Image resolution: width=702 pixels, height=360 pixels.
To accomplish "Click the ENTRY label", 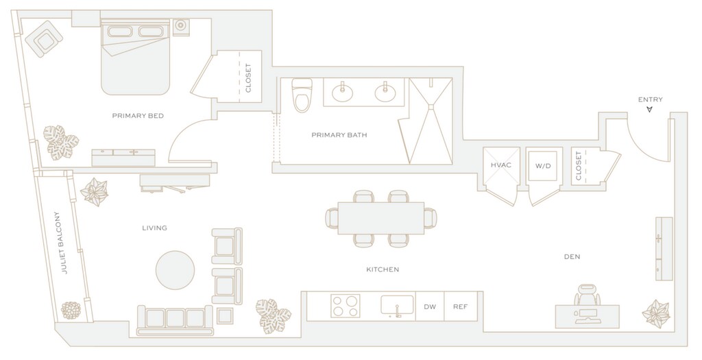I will (x=650, y=100).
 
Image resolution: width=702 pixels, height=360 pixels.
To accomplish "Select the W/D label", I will (x=542, y=165).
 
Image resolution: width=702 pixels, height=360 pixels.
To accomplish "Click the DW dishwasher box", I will (x=430, y=307).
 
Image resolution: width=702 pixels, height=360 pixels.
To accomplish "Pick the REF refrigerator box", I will (x=461, y=307).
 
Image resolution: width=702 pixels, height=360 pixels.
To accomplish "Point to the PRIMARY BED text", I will (x=137, y=116).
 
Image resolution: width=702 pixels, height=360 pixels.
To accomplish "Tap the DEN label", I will (x=572, y=257).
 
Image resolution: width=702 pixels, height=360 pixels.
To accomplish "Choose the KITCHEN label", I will (x=383, y=269).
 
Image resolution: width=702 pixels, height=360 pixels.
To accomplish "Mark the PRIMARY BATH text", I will (x=339, y=135).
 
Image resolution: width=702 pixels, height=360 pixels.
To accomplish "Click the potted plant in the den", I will (x=655, y=313).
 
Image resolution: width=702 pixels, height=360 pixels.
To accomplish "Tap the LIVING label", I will (x=154, y=228).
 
